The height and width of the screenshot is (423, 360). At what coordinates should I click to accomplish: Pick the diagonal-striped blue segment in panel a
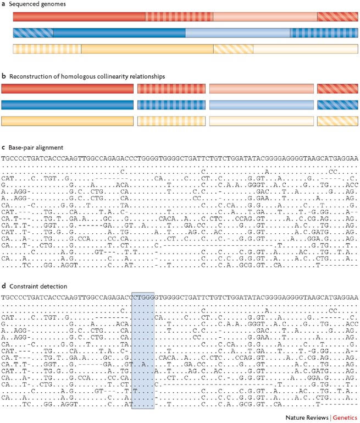coord(34,32)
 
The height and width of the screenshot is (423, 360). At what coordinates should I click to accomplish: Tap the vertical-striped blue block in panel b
coord(171,105)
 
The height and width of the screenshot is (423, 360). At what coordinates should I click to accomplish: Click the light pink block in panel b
coord(261,89)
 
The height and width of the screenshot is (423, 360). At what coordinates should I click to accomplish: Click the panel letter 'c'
coord(3,148)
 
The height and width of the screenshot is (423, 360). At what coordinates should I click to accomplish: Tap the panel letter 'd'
coord(3,286)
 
